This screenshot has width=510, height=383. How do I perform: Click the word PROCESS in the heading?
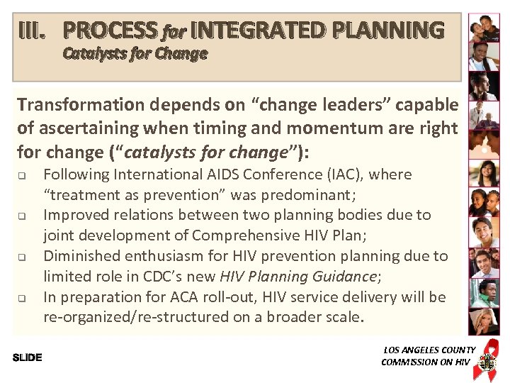[110, 30]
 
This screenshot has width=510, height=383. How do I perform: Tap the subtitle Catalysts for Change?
[135, 54]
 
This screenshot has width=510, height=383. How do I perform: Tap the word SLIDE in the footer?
[28, 357]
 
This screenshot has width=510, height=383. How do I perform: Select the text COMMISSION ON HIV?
[425, 362]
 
